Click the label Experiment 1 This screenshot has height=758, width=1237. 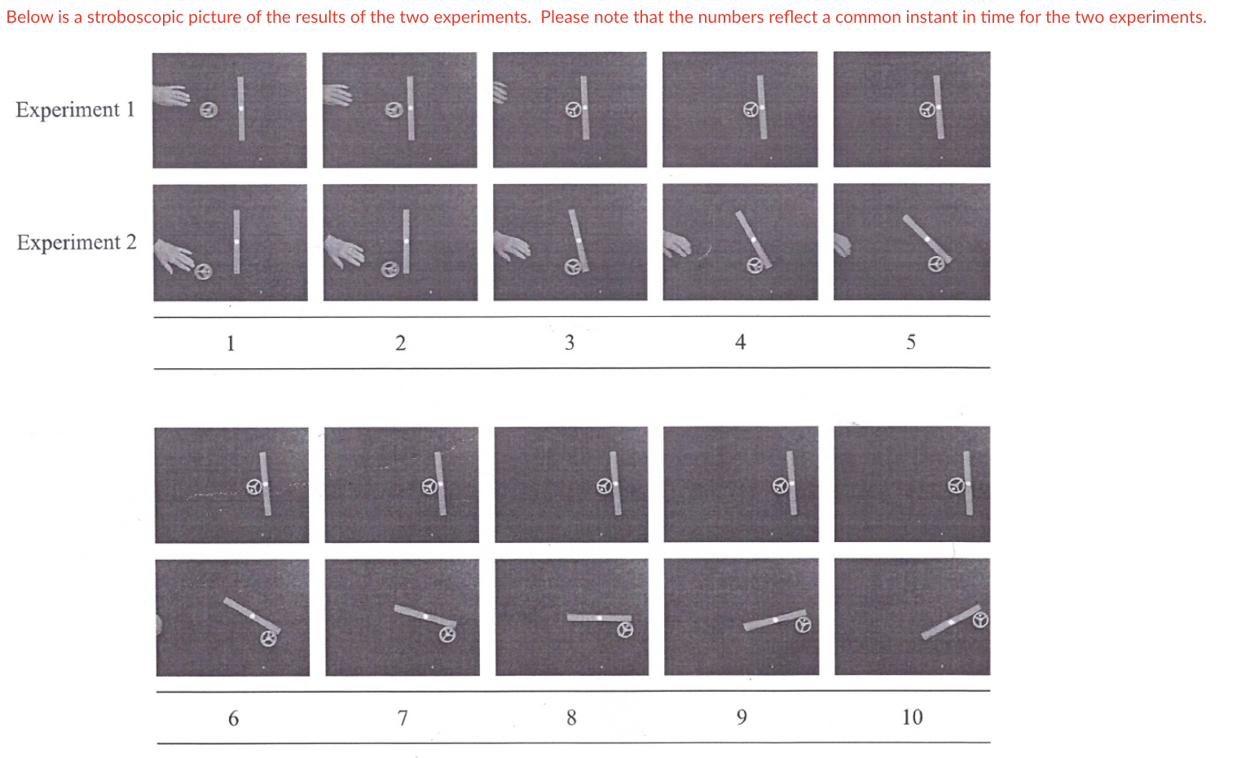click(75, 109)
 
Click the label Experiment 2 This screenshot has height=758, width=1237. click(77, 242)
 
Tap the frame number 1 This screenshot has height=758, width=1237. click(231, 343)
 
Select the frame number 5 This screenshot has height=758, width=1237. click(911, 342)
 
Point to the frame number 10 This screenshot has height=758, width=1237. click(912, 717)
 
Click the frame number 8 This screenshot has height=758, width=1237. click(571, 718)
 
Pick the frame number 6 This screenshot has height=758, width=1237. click(233, 718)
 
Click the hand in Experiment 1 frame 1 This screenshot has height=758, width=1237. click(171, 95)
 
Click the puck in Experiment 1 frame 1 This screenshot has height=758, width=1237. click(209, 110)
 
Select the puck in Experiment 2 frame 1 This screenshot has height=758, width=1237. click(203, 271)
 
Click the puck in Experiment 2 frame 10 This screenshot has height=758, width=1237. click(980, 620)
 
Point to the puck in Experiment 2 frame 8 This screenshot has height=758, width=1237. click(625, 630)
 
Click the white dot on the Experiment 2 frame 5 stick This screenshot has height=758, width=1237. click(927, 239)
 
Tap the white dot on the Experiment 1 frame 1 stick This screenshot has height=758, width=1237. click(241, 108)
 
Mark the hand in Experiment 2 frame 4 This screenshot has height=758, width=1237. click(676, 244)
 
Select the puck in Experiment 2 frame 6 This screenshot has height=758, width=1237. click(268, 638)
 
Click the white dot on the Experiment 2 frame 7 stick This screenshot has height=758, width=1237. click(425, 616)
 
